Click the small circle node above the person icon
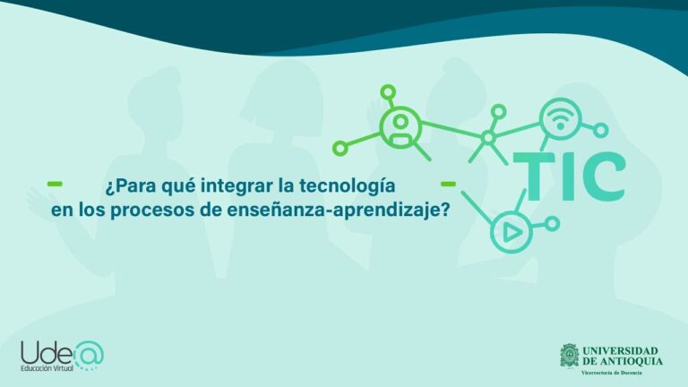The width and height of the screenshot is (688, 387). tap(388, 91)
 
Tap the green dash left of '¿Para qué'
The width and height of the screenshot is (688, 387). tap(55, 184)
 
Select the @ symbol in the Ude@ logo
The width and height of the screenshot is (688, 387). tap(89, 352)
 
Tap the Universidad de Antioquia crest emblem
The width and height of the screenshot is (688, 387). tap(569, 356)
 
